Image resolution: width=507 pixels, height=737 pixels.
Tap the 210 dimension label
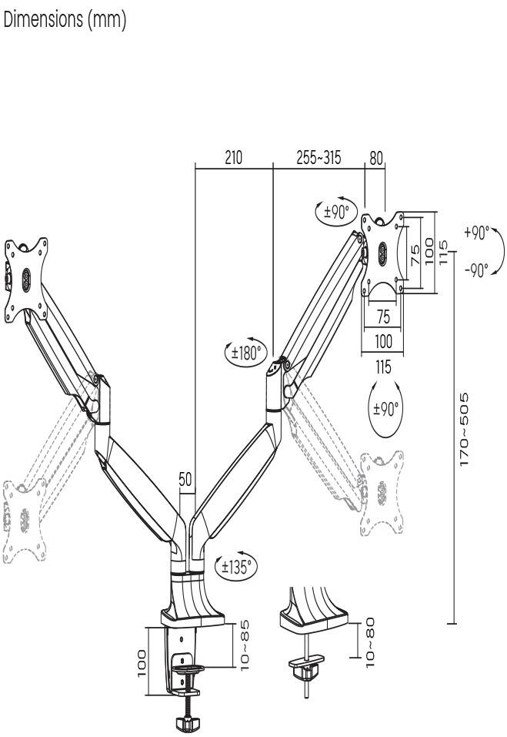[233, 158]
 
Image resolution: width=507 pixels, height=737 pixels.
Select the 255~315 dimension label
[319, 158]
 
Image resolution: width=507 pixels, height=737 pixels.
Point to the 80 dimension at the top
[375, 158]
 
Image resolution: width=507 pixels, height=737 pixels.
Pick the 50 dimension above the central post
[185, 480]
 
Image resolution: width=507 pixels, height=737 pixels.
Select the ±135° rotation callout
[236, 568]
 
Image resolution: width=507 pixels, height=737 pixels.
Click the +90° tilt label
[476, 233]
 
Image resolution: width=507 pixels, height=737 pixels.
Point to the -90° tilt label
[476, 270]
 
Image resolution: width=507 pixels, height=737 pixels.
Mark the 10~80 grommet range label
[372, 638]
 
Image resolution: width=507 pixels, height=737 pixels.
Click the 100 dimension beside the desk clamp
[142, 662]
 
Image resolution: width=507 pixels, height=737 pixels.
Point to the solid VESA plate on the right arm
[383, 252]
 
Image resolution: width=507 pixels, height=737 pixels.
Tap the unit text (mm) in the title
[108, 21]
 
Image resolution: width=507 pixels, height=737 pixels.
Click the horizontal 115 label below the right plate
[382, 368]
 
